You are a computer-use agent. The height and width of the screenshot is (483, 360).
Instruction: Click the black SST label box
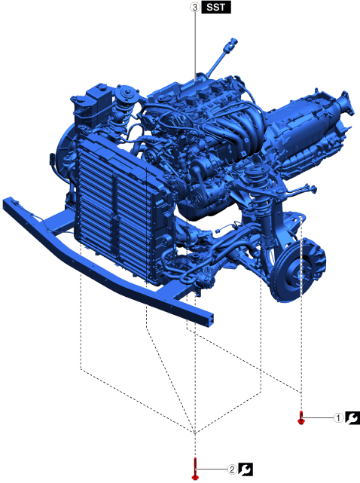point(216,7)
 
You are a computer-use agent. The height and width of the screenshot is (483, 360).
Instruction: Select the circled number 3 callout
point(194,7)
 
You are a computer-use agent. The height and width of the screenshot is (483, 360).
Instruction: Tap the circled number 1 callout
point(338,418)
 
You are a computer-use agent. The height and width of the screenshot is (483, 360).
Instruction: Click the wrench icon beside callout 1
point(352,418)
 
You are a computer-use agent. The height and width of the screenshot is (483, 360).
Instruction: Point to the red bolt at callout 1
point(301,418)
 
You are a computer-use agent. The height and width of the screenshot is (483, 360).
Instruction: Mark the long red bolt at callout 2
point(195,469)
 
